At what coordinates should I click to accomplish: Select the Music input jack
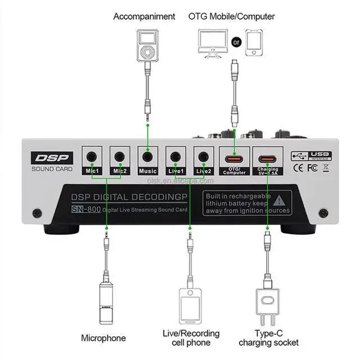pyautogui.click(x=148, y=156)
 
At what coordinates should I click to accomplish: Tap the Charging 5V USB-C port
pyautogui.click(x=267, y=157)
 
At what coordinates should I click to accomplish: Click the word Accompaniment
pyautogui.click(x=144, y=16)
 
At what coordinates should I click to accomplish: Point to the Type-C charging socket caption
pyautogui.click(x=269, y=337)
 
